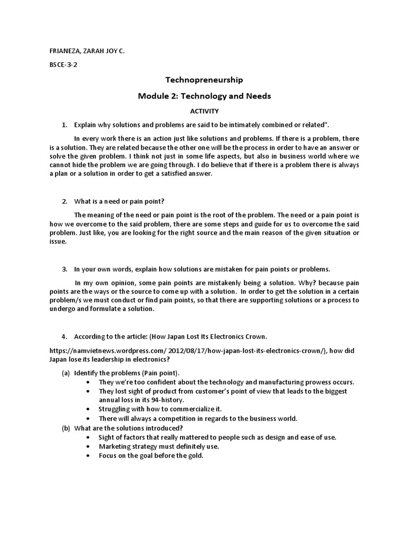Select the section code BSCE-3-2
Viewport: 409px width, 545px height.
(x=63, y=66)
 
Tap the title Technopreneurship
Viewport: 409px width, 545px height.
(x=204, y=80)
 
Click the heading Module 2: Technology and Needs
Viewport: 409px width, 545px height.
(x=204, y=96)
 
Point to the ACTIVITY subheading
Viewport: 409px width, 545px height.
(x=204, y=111)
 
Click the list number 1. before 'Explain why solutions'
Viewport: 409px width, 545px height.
(x=64, y=125)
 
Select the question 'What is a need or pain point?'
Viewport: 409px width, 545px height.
(x=120, y=201)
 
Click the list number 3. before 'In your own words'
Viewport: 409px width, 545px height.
(x=64, y=269)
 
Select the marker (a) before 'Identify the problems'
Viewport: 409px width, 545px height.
(x=65, y=372)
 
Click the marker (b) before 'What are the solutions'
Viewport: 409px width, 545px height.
(x=65, y=428)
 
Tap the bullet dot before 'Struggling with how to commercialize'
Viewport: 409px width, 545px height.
(x=87, y=409)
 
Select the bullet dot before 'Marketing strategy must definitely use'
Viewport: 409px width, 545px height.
(x=87, y=447)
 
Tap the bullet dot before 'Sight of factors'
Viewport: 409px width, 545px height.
(x=87, y=437)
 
